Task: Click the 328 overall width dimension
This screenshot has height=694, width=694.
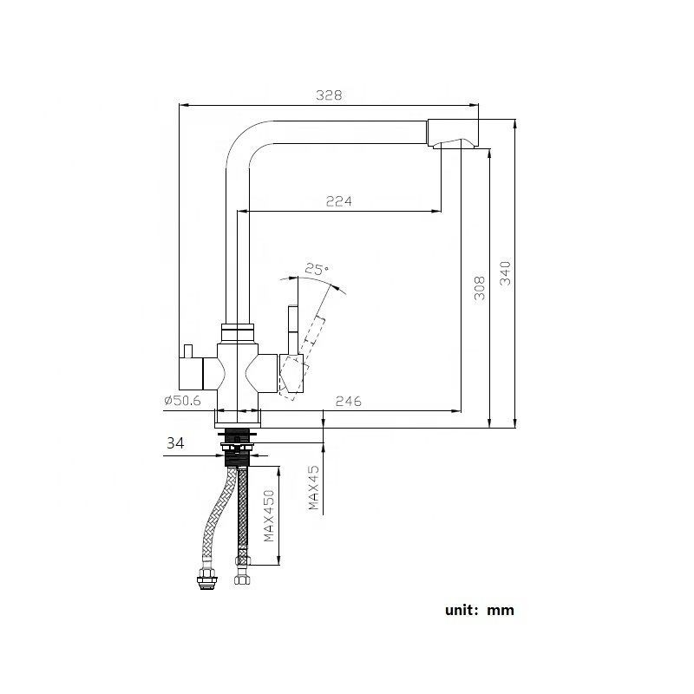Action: click(327, 96)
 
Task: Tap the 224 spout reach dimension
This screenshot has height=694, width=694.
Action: click(338, 201)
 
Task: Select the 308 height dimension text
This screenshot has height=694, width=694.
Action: click(479, 289)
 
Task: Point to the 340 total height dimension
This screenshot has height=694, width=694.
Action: click(507, 274)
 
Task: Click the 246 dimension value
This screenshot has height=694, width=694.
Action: click(347, 401)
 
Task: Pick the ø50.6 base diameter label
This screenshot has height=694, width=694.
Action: click(180, 401)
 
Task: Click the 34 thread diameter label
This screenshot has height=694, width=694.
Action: click(174, 442)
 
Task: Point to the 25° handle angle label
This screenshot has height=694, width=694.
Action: click(318, 271)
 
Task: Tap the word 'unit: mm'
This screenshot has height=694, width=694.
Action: click(480, 610)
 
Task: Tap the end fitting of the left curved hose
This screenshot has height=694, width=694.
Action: click(206, 579)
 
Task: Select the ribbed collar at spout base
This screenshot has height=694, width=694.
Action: click(237, 331)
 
